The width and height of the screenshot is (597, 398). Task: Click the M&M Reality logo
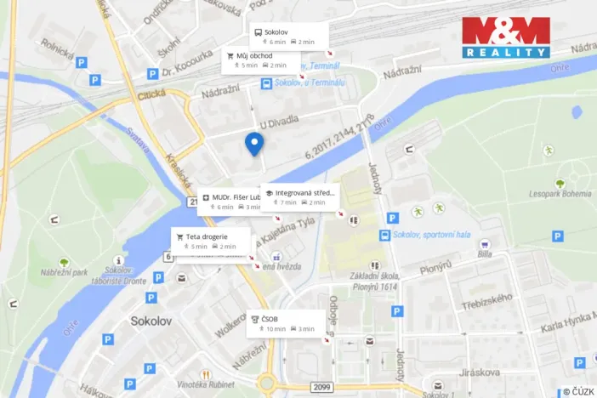point(506,37)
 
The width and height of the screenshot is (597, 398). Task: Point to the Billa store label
point(485,253)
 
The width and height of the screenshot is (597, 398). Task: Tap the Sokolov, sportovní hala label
point(430,235)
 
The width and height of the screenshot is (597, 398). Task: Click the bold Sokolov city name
point(152,321)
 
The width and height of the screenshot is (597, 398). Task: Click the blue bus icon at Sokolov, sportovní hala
point(384,235)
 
